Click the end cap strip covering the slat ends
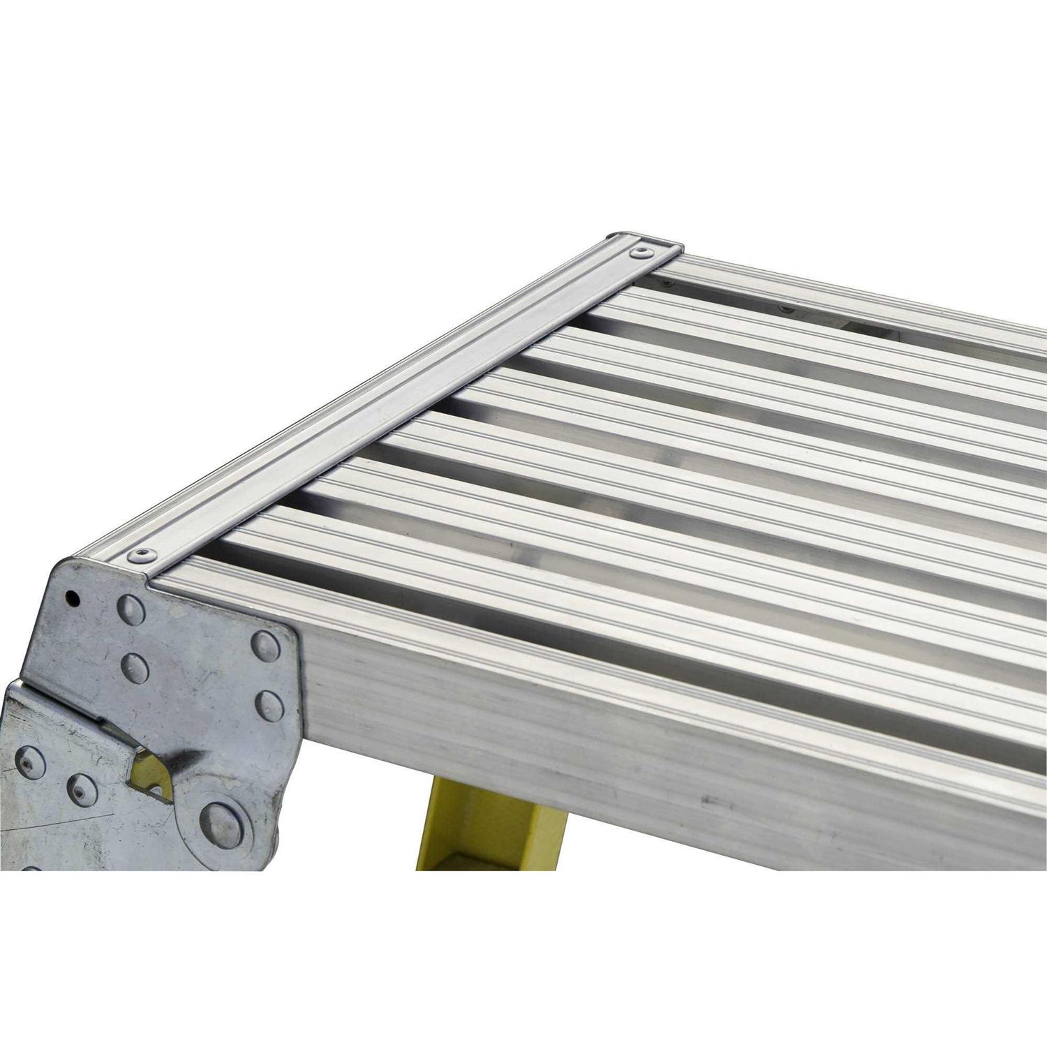tap(391, 405)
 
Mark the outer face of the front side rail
tap(628, 740)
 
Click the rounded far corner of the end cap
tap(617, 237)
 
